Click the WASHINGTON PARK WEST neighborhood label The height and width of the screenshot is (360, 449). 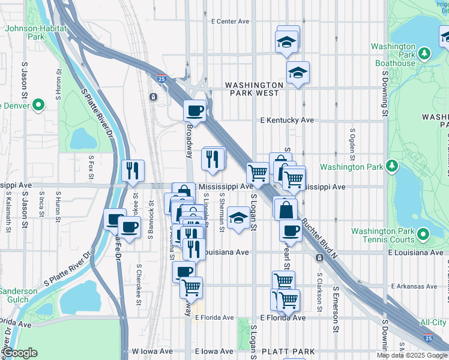254,89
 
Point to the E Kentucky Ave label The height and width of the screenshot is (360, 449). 287,120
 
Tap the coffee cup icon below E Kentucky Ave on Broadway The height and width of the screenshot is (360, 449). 195,110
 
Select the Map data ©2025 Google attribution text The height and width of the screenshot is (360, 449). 412,355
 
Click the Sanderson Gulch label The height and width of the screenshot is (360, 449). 18,295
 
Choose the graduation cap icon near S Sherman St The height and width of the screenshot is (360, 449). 239,217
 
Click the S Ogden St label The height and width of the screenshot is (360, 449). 352,139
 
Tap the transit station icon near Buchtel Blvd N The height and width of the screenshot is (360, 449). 319,257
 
